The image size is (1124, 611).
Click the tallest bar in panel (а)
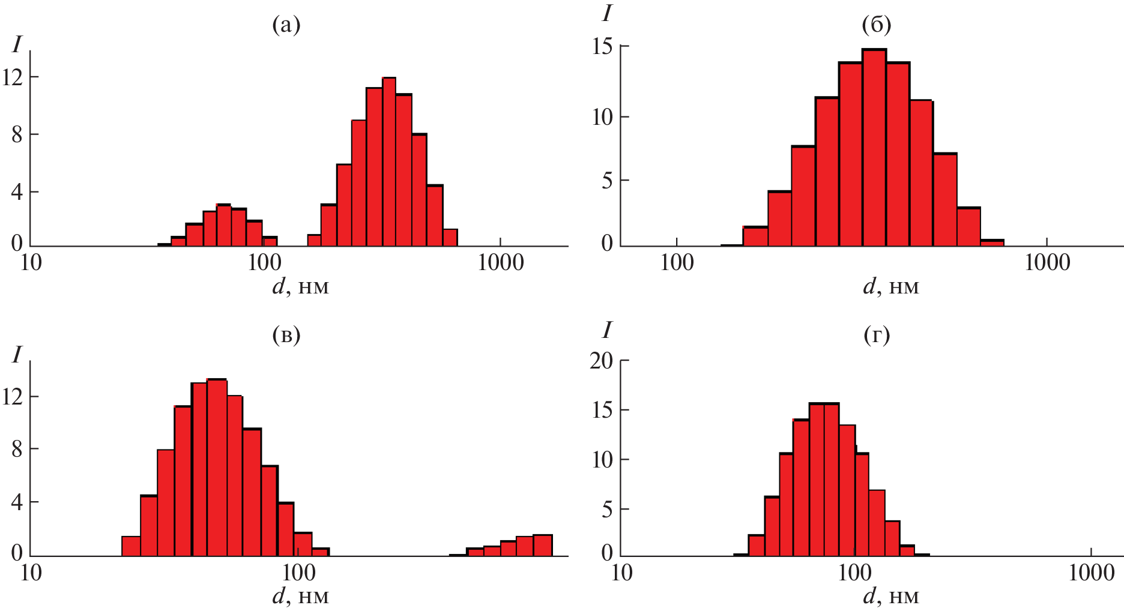click(x=389, y=162)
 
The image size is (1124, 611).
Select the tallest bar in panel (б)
click(x=874, y=148)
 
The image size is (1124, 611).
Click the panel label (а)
click(x=286, y=25)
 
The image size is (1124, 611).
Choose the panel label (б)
click(x=876, y=25)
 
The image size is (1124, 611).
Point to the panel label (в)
click(x=286, y=334)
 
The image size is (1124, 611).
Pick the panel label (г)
click(x=877, y=334)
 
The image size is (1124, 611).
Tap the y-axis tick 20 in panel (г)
click(x=601, y=361)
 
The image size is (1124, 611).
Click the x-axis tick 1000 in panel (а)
click(x=500, y=263)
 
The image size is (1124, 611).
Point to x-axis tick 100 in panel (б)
click(x=677, y=263)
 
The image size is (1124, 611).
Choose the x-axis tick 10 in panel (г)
click(x=621, y=573)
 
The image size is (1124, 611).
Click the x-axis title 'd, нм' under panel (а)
click(x=300, y=286)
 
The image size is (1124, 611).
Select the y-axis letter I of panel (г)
click(x=607, y=330)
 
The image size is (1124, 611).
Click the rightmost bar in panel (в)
click(x=543, y=545)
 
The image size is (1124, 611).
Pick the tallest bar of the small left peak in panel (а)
click(x=224, y=225)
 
